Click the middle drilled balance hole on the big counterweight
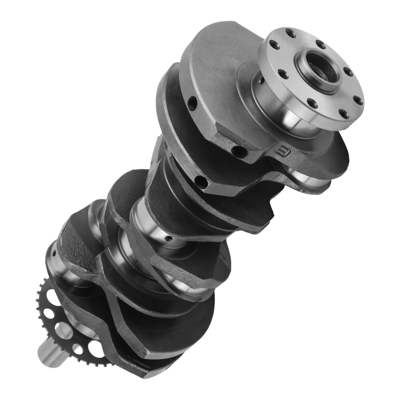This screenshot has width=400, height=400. coord(239,152)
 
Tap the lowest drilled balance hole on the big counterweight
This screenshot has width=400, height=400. coord(201,182)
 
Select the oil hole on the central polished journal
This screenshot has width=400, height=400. coord(168,238)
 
